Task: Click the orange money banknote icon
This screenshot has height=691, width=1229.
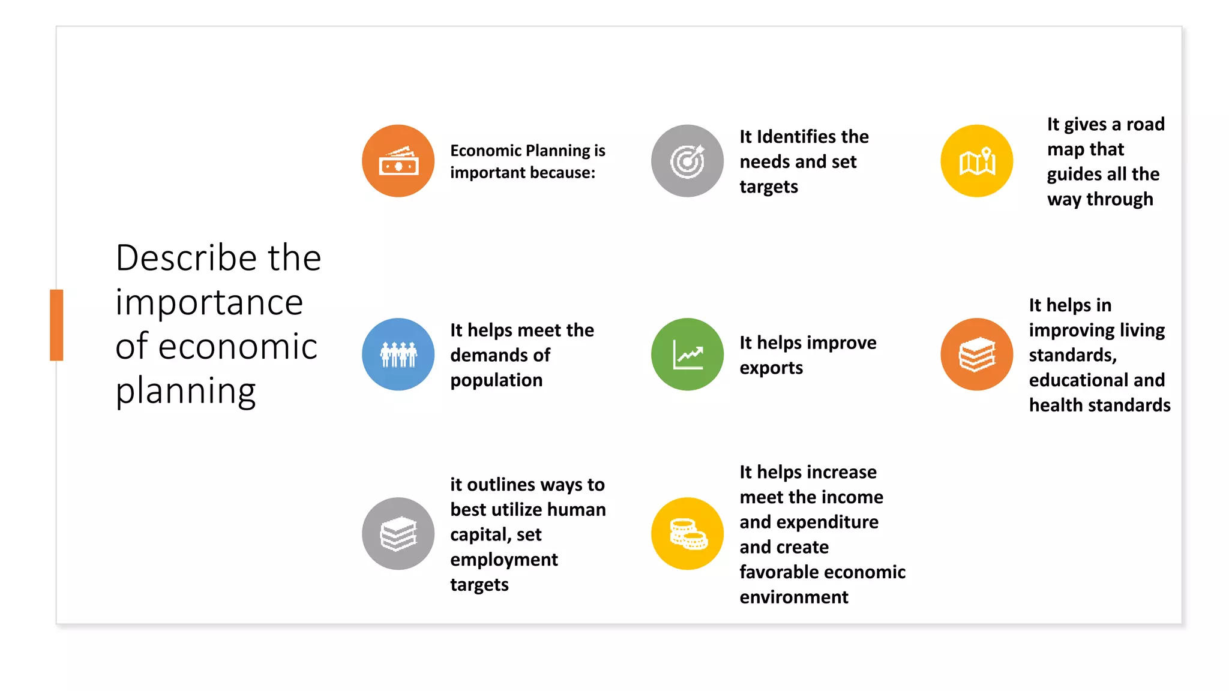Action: [x=398, y=161]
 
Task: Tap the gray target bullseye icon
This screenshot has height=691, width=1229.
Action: [x=687, y=161]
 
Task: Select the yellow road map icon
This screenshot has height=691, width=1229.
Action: [x=976, y=161]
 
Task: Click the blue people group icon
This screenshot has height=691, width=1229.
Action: [x=398, y=354]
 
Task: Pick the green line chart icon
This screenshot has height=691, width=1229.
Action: [x=687, y=354]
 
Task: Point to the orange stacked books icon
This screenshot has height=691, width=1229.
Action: [x=976, y=354]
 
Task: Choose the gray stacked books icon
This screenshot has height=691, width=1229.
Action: [x=398, y=533]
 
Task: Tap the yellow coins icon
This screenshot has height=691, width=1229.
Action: [x=687, y=533]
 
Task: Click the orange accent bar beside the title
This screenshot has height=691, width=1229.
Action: [x=56, y=325]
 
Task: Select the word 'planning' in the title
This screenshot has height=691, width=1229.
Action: [x=185, y=391]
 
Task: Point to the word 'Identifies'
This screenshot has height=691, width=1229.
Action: [x=796, y=137]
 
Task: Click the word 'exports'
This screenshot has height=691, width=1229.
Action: [x=771, y=368]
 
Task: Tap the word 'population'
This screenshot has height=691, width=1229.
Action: [x=496, y=380]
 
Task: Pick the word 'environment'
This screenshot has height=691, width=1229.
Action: [x=793, y=597]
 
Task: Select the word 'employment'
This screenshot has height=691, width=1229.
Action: [x=503, y=560]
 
